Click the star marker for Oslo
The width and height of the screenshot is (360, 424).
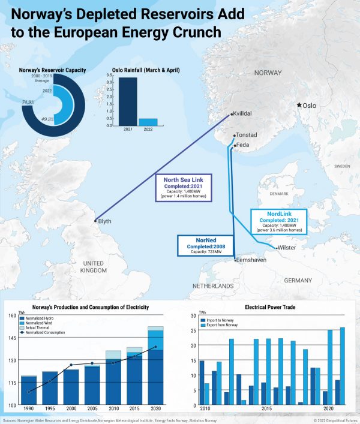[299, 106]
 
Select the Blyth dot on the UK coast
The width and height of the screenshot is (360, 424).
[95, 221]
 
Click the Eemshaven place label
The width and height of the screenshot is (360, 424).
[251, 261]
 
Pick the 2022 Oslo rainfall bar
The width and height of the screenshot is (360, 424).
[148, 122]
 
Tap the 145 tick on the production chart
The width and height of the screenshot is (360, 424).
[12, 338]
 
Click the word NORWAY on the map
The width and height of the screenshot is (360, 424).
[268, 73]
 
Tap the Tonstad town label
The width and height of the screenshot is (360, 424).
[247, 135]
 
